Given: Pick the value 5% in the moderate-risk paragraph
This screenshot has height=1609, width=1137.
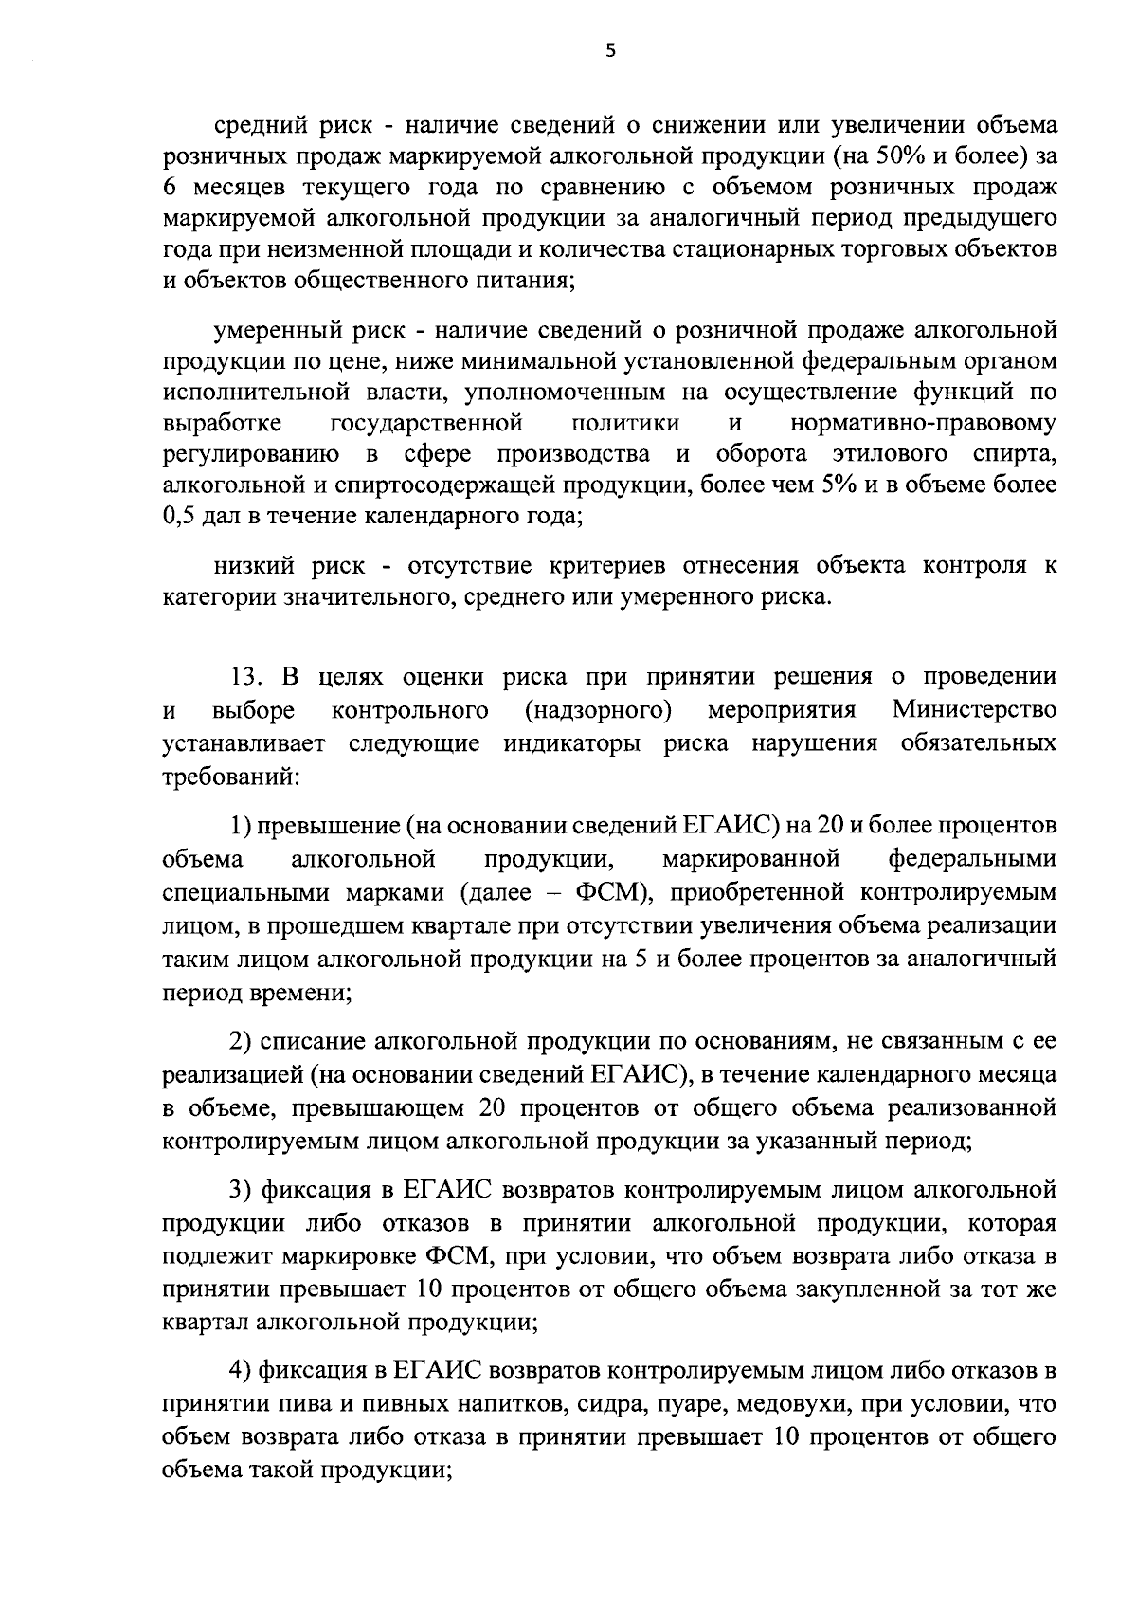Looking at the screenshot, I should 881,485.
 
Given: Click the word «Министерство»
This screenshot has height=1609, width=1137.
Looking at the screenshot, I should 974,710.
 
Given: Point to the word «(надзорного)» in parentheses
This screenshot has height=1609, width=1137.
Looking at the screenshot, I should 598,710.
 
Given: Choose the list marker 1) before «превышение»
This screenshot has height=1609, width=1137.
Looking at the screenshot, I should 241,826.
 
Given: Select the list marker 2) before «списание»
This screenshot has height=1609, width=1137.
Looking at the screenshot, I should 242,1042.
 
